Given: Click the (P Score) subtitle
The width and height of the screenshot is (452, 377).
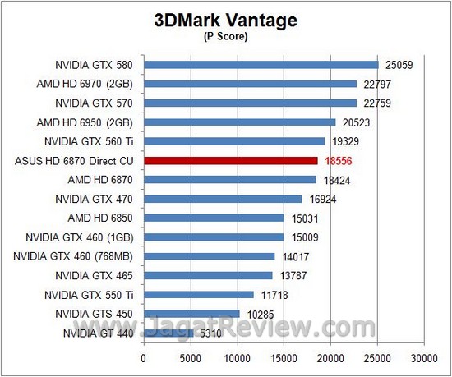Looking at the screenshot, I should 225,37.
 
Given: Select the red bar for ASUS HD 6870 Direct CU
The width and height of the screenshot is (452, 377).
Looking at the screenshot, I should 231,161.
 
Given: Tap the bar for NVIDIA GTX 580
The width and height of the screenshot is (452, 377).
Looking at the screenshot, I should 261,65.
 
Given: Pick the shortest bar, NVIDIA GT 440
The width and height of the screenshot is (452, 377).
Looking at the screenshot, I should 168,333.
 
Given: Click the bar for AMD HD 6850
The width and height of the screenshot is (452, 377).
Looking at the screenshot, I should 214,218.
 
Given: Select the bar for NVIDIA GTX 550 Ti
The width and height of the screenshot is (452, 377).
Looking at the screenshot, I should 199,295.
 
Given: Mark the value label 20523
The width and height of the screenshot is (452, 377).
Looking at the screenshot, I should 356,122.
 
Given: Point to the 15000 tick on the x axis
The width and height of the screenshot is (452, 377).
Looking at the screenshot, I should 284,357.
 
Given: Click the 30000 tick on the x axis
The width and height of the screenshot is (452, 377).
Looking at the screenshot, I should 424,357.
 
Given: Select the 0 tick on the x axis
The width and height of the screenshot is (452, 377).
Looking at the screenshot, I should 144,357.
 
